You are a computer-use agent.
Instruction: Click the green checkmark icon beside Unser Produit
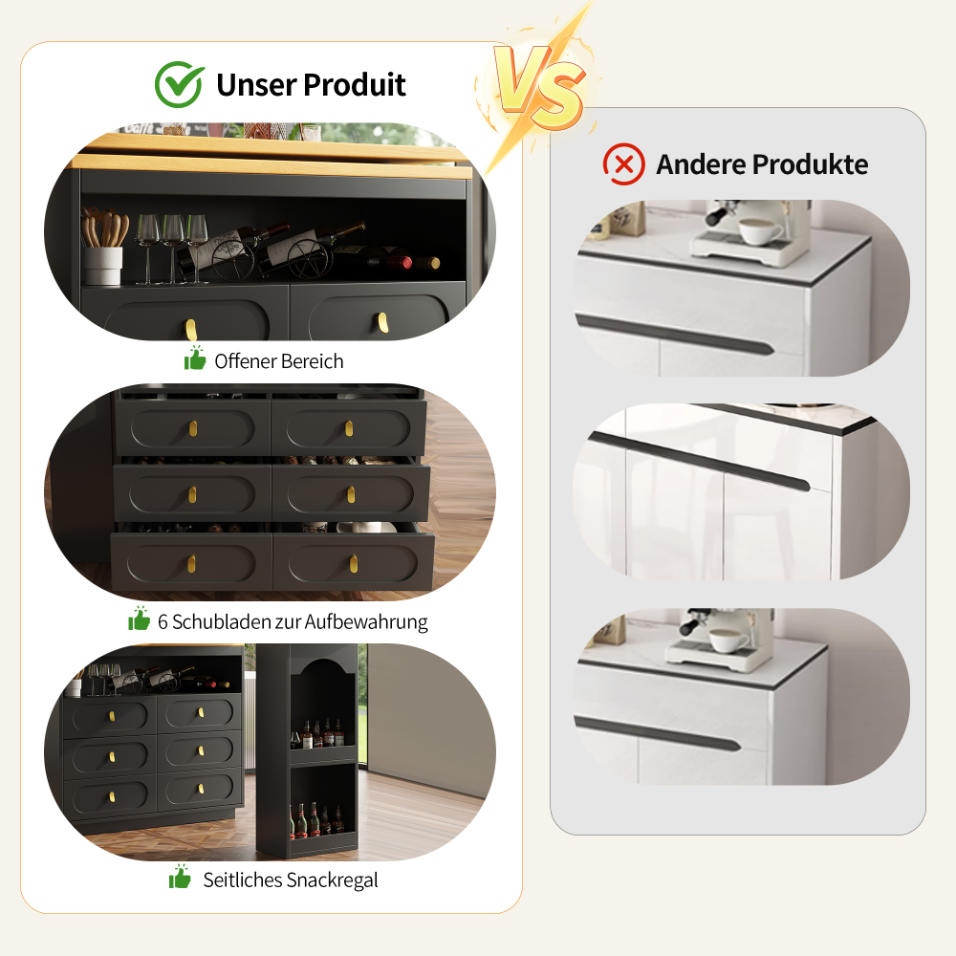point(180,84)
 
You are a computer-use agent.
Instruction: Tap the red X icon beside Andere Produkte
point(623,164)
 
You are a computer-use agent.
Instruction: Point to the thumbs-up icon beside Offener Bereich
point(195,358)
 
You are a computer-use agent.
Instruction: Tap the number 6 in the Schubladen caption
point(163,622)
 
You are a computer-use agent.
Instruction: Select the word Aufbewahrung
point(366,622)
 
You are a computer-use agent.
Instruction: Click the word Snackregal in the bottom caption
point(332,880)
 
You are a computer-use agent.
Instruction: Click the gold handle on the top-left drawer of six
point(193,428)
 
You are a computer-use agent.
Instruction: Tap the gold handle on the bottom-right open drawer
point(354,564)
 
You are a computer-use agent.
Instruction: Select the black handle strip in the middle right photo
point(700,462)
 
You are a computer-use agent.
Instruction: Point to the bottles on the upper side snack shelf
point(317,733)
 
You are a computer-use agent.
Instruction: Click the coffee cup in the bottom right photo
point(728,641)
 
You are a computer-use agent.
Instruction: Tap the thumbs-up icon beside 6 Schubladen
point(139,619)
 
